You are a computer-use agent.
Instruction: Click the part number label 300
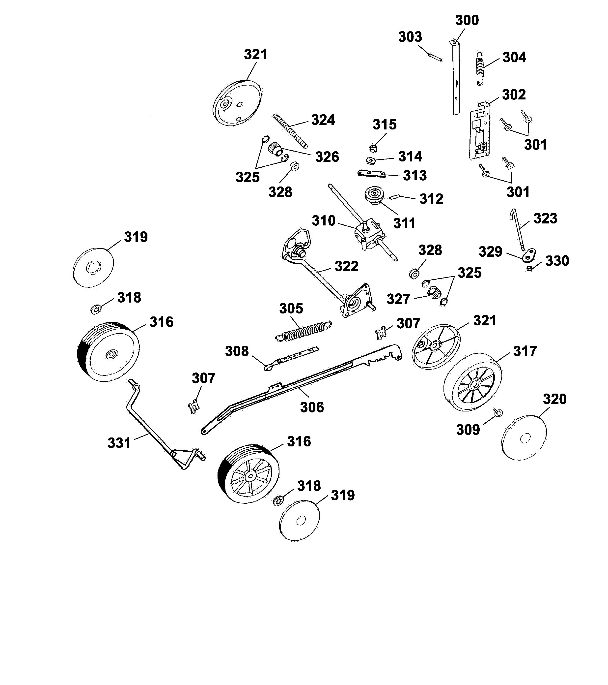(467, 20)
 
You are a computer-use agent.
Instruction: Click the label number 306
(312, 407)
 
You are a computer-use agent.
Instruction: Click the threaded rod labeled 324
(290, 131)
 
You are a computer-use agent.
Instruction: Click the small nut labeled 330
(529, 268)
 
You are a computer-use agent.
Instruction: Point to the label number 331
(119, 443)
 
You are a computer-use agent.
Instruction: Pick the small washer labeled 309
(498, 413)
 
